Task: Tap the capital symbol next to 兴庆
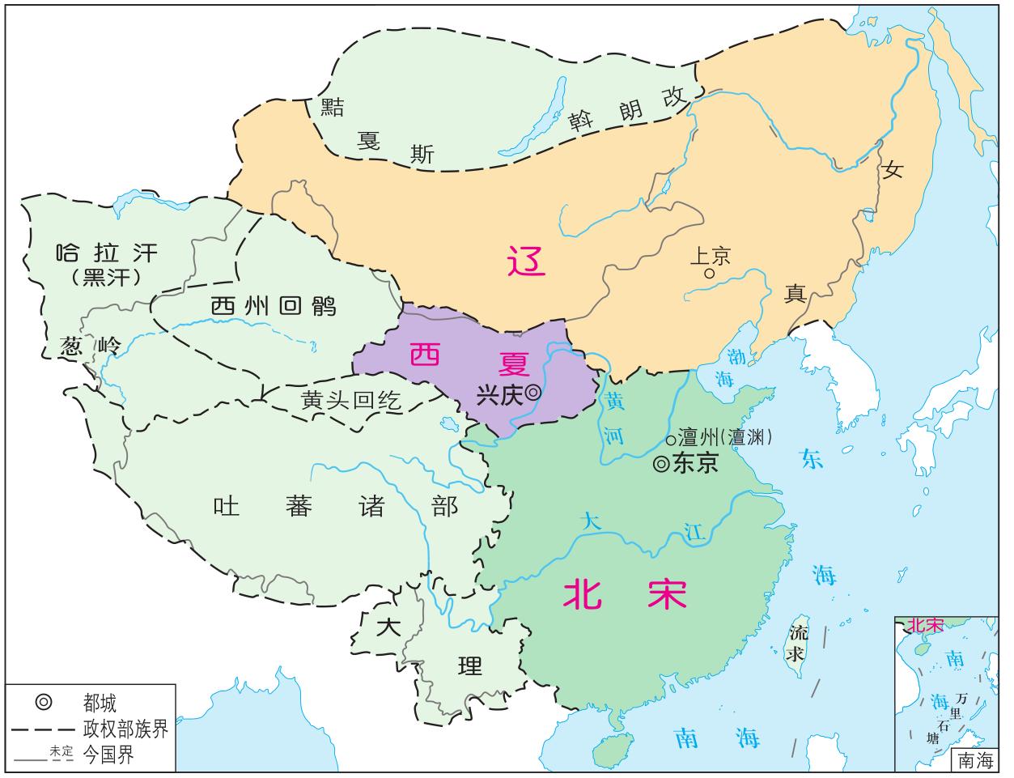[x=533, y=392]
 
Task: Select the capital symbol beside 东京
[x=661, y=465]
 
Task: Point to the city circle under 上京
[x=709, y=274]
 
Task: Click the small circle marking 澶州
[x=670, y=440]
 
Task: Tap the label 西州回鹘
[x=273, y=306]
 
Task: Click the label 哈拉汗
[x=106, y=253]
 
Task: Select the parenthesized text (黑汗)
[x=106, y=278]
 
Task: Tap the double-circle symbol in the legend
[x=44, y=702]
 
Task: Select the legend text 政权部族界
[x=125, y=729]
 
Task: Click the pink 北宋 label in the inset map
[x=925, y=625]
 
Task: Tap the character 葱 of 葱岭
[x=71, y=346]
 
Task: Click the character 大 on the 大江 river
[x=592, y=522]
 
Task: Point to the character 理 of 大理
[x=469, y=665]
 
